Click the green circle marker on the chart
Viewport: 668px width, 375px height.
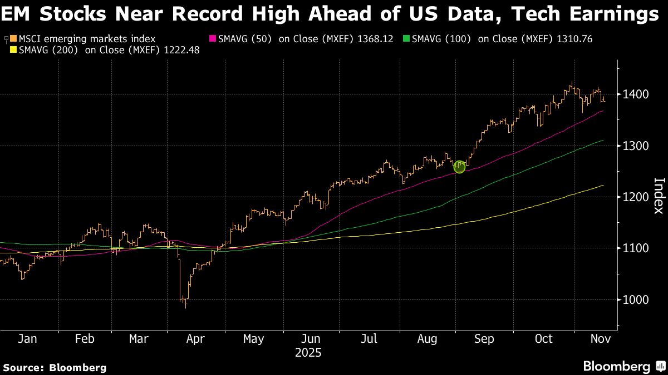pyautogui.click(x=459, y=167)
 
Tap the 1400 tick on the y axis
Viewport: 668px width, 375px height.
pyautogui.click(x=635, y=94)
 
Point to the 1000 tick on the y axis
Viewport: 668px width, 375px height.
pyautogui.click(x=635, y=300)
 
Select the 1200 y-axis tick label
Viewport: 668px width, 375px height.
pyautogui.click(x=635, y=197)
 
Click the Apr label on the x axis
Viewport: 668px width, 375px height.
pyautogui.click(x=196, y=339)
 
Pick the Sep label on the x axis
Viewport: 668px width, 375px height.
pyautogui.click(x=484, y=339)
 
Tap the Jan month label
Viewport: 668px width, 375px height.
pyautogui.click(x=27, y=339)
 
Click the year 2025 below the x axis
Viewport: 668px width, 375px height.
pyautogui.click(x=309, y=353)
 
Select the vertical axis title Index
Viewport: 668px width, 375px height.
pyautogui.click(x=659, y=196)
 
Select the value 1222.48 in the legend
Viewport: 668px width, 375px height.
pyautogui.click(x=180, y=51)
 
